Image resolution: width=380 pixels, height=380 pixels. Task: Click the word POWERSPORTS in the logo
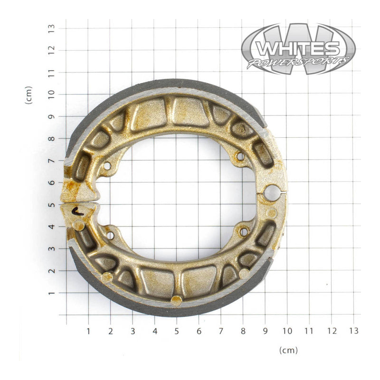pyautogui.click(x=298, y=62)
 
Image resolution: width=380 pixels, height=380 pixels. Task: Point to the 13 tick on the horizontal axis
pyautogui.click(x=353, y=330)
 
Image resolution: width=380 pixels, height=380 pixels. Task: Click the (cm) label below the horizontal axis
pyautogui.click(x=288, y=351)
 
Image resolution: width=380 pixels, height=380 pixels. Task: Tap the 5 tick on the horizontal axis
pyautogui.click(x=176, y=330)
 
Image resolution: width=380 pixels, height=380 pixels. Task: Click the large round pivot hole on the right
pyautogui.click(x=272, y=193)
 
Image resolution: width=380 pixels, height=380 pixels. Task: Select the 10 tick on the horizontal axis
pyautogui.click(x=287, y=330)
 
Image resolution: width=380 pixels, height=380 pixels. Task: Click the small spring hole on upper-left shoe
pyautogui.click(x=107, y=166)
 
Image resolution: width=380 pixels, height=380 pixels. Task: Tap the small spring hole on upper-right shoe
pyautogui.click(x=240, y=156)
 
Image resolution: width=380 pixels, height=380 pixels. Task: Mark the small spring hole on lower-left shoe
pyautogui.click(x=110, y=235)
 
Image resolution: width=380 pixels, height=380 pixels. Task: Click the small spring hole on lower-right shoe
pyautogui.click(x=244, y=232)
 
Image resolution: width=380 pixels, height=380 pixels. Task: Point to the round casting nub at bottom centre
pyautogui.click(x=176, y=300)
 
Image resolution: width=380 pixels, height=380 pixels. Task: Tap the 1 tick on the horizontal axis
pyautogui.click(x=88, y=330)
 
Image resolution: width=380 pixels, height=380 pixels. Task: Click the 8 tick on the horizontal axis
pyautogui.click(x=243, y=330)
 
